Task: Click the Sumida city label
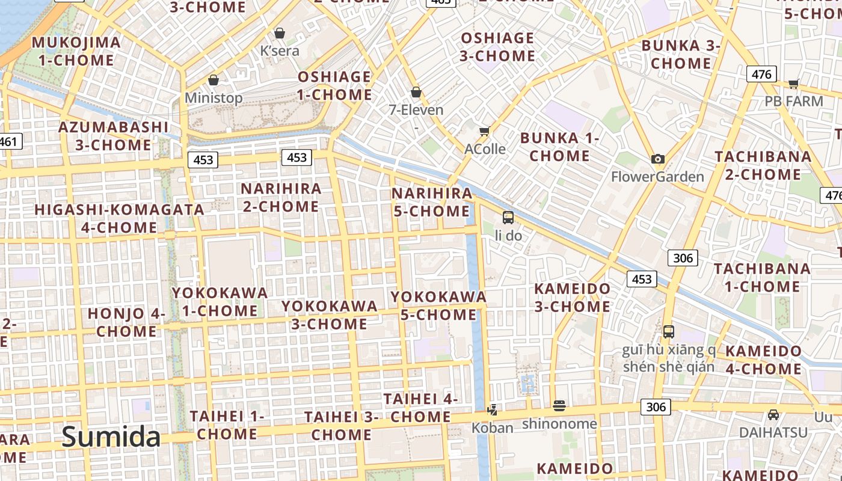111,437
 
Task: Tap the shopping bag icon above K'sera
280,33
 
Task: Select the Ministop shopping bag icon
213,80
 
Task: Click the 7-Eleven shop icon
416,92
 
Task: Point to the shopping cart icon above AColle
484,131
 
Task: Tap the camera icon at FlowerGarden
658,159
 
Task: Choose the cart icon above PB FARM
793,84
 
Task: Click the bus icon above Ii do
508,218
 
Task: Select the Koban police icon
493,410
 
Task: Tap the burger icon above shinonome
559,406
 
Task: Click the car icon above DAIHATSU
773,414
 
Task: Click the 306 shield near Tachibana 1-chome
683,259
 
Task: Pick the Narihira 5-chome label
432,202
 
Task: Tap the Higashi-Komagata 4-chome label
119,218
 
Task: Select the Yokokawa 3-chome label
329,315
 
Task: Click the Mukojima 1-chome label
76,51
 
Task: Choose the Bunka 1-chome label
559,147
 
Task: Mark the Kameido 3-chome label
573,298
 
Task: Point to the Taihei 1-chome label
227,424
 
